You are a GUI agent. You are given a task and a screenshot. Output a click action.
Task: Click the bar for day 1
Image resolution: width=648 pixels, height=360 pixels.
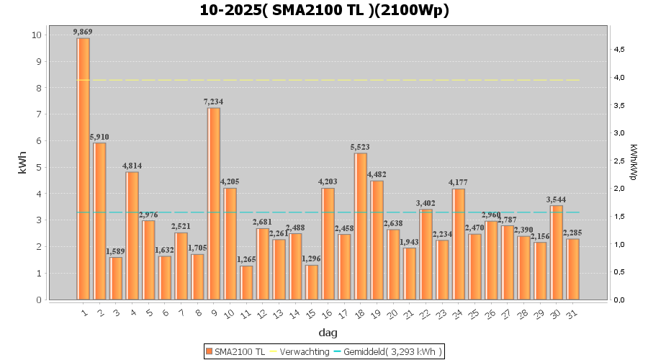pyautogui.click(x=84, y=168)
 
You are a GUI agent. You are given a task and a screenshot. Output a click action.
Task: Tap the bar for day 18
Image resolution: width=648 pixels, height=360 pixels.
pyautogui.click(x=361, y=226)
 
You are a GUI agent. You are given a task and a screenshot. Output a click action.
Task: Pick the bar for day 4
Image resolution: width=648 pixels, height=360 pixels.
pyautogui.click(x=132, y=235)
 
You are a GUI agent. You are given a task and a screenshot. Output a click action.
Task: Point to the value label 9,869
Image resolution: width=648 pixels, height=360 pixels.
pyautogui.click(x=84, y=32)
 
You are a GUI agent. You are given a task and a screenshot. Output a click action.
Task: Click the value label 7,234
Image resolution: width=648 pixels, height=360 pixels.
pyautogui.click(x=214, y=102)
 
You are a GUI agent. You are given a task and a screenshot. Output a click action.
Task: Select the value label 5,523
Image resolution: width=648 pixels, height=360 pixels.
pyautogui.click(x=361, y=147)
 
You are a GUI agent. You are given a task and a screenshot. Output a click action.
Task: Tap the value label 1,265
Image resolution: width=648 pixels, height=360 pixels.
pyautogui.click(x=246, y=260)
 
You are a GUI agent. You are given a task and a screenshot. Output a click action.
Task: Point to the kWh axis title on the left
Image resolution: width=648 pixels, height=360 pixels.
pyautogui.click(x=22, y=167)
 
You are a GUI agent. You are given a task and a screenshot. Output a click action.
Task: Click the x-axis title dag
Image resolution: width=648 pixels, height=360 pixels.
pyautogui.click(x=328, y=333)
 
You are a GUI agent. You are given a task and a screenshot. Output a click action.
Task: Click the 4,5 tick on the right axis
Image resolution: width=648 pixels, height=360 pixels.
pyautogui.click(x=619, y=50)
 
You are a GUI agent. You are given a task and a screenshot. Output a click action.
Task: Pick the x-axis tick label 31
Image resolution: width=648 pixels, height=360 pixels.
pyautogui.click(x=571, y=314)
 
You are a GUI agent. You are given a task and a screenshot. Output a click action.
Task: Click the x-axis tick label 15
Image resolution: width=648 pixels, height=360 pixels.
pyautogui.click(x=310, y=314)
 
